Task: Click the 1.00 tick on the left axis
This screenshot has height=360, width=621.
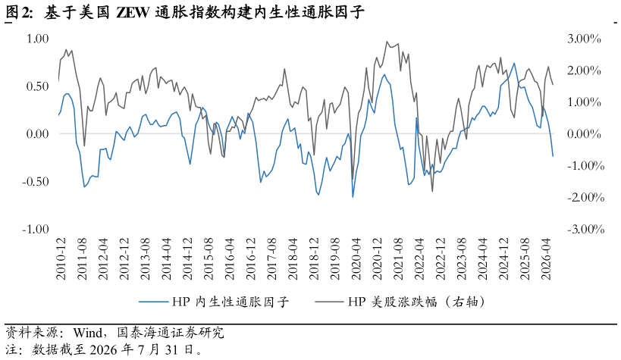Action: point(37,39)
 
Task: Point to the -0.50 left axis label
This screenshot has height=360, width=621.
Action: point(35,182)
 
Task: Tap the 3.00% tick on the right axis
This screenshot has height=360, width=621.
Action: point(584,39)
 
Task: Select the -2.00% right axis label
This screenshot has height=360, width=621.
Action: point(586,197)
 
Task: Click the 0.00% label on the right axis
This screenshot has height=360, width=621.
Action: point(584,134)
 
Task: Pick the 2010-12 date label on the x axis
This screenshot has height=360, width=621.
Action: point(61,259)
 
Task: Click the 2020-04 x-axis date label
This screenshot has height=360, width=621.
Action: point(356,259)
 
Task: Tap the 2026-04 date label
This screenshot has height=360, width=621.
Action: point(546,259)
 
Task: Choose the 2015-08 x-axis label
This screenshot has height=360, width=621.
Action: point(209,259)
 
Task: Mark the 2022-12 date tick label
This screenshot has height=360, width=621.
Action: point(441,259)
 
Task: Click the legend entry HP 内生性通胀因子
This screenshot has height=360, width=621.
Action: point(214,302)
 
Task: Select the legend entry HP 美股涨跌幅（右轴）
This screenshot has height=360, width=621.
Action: point(400,302)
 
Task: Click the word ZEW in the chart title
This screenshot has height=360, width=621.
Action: point(133,13)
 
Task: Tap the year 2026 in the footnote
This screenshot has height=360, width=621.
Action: point(105,349)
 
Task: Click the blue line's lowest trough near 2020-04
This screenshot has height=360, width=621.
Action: point(353,197)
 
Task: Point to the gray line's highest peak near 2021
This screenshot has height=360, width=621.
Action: point(387,41)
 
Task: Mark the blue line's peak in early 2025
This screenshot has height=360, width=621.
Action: point(514,63)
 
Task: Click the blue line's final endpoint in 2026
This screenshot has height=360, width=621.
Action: point(553,156)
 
